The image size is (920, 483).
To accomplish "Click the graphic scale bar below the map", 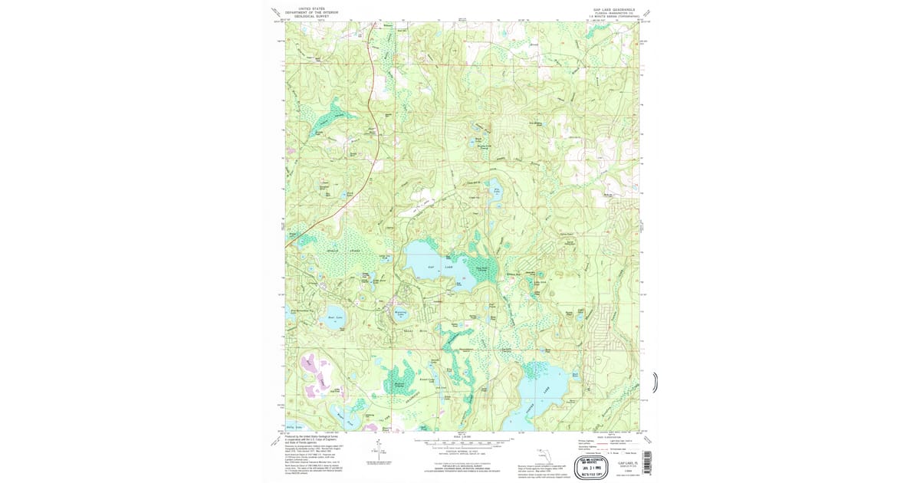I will coord(460,442).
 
